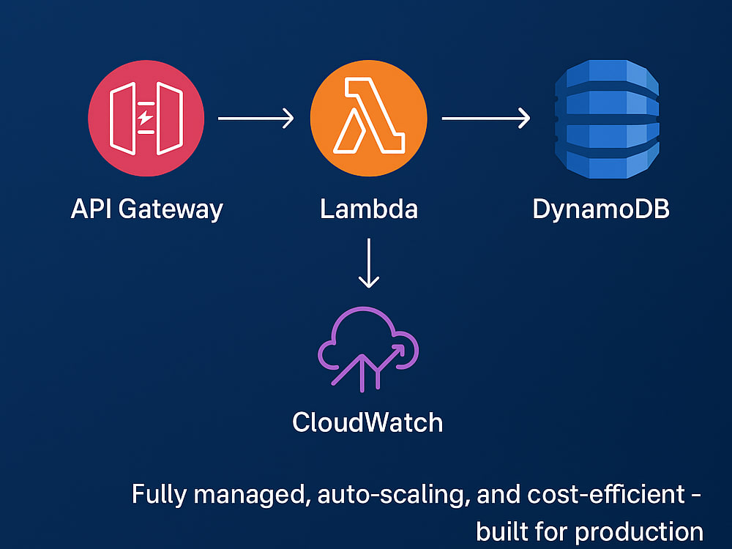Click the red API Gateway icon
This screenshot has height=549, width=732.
(146, 118)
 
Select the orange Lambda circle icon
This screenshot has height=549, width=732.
(369, 118)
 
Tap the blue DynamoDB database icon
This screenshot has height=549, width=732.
(607, 119)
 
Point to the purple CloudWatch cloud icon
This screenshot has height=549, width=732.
(368, 348)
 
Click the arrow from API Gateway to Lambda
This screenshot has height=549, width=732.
(255, 119)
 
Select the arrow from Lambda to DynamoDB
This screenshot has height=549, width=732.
(485, 119)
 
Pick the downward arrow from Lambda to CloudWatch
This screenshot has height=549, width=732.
(369, 264)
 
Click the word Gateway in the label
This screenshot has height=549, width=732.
(171, 209)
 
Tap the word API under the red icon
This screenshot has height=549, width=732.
(91, 208)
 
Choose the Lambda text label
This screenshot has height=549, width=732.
(369, 208)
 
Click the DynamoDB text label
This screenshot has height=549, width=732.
(601, 209)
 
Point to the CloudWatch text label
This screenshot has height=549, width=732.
(367, 422)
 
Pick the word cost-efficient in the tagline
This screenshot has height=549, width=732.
(605, 494)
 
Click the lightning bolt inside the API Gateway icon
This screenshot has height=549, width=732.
(146, 118)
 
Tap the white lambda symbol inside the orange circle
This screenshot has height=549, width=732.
(369, 116)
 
